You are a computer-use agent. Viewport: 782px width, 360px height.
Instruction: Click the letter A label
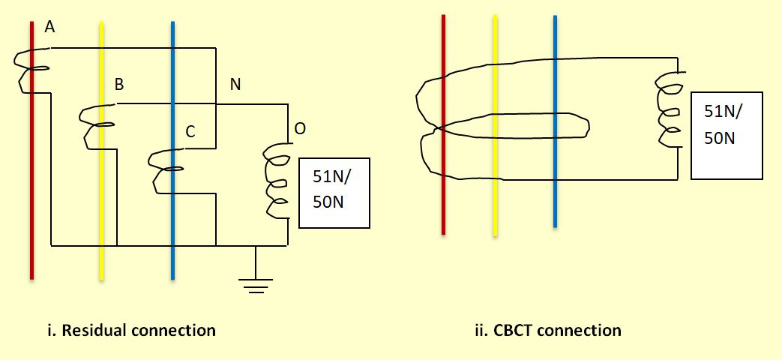coord(50,27)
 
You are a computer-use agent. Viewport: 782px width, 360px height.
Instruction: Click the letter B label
coord(118,85)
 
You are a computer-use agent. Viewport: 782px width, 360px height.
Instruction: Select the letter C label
coord(190,132)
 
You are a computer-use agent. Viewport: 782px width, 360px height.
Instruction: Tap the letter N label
coord(235,85)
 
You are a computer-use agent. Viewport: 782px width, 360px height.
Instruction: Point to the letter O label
coord(300,129)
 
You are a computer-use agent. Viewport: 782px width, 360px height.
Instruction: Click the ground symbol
coord(256,283)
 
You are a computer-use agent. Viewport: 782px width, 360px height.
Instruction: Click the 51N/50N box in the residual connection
coord(334,193)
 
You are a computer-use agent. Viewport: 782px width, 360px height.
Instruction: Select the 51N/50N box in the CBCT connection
coord(727,135)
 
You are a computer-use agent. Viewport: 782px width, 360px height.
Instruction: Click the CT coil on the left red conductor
coord(28,71)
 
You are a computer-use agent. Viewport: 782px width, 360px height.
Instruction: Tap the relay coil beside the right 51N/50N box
coord(669,111)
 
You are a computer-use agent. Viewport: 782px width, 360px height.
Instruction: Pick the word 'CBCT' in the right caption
coord(517,330)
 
